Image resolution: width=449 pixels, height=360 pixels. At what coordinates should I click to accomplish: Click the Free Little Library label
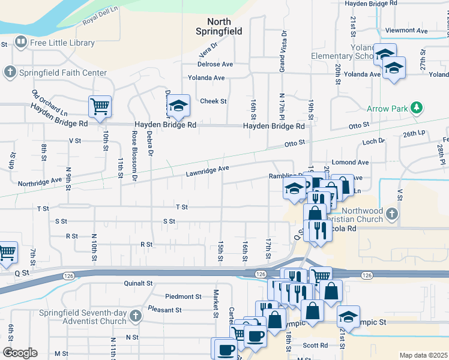(62, 43)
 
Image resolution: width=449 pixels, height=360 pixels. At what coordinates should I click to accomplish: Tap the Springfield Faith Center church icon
(10, 73)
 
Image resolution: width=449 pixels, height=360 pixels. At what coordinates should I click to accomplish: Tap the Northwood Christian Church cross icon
(391, 214)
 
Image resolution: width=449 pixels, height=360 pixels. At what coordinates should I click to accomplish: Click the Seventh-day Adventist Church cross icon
(136, 316)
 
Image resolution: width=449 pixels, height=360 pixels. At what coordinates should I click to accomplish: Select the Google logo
(20, 353)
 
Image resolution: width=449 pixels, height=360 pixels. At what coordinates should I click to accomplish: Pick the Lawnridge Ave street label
(208, 172)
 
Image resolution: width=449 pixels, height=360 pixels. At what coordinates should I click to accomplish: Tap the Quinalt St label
(139, 283)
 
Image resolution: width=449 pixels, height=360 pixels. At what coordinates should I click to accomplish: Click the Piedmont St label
(183, 296)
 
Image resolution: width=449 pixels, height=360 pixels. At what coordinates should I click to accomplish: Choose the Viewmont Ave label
(407, 30)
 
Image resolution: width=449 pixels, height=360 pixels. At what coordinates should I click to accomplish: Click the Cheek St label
(214, 101)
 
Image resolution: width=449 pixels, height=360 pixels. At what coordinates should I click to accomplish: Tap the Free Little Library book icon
(21, 42)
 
